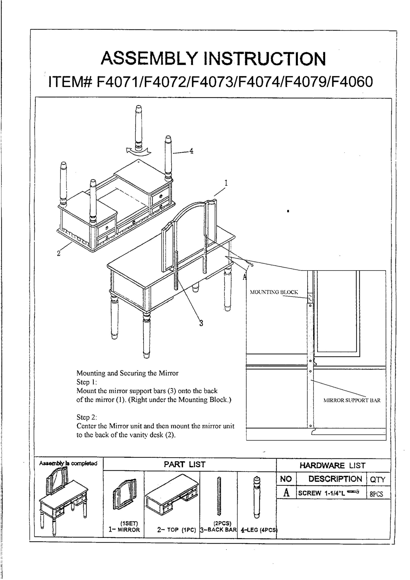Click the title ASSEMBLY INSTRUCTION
213,59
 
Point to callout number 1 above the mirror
226,183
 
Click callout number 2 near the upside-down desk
58,253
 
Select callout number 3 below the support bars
201,323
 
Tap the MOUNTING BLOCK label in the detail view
274,292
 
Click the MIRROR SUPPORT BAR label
352,400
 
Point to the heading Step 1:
87,382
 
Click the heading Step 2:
87,417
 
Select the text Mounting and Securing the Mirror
127,373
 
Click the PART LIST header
184,464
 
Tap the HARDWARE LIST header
333,465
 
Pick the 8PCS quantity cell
376,494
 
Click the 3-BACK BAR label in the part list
218,530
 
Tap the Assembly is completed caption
68,463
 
